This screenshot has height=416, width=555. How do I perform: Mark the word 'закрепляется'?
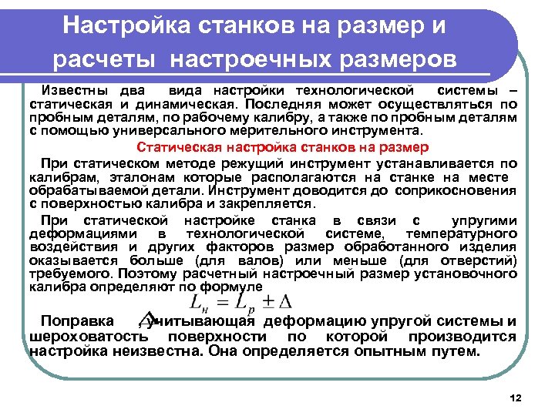click(269, 204)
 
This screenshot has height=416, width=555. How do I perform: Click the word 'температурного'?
click(468, 233)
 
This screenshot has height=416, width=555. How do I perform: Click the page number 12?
click(516, 398)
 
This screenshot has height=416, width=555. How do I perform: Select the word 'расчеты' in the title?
click(106, 59)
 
